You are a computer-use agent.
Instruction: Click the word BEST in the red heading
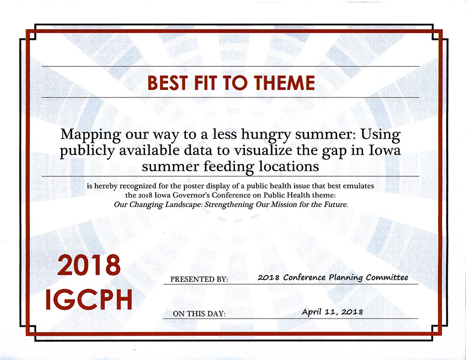[x=168, y=83]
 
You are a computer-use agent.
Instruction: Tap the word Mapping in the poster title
[x=90, y=135]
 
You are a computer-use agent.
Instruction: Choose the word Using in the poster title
[x=381, y=135]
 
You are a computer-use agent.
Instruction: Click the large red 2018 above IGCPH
[x=89, y=265]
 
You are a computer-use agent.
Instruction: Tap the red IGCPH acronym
[x=89, y=299]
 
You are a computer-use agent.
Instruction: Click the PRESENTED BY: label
[x=199, y=279]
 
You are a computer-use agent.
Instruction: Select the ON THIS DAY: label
[x=199, y=313]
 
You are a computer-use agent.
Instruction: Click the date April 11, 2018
[x=332, y=312]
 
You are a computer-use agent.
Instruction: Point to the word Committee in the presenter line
[x=387, y=277]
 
